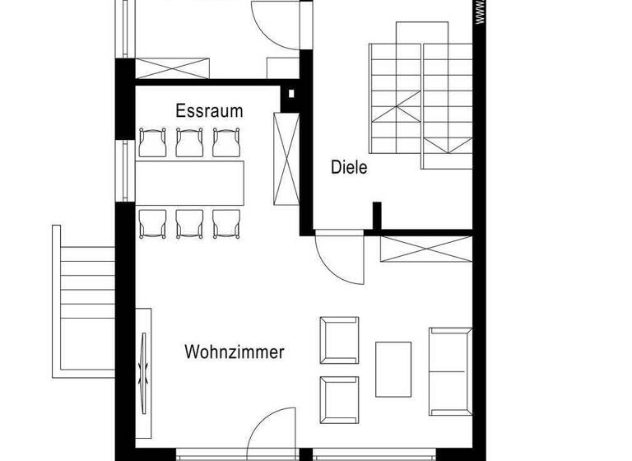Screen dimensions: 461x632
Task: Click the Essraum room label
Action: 209,111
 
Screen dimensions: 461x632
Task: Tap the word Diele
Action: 349,168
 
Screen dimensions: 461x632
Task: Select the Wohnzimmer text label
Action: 235,352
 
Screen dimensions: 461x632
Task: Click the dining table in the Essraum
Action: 191,183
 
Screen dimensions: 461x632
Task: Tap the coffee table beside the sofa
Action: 393,368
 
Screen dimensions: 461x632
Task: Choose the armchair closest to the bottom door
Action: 339,398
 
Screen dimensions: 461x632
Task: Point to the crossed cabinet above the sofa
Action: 426,249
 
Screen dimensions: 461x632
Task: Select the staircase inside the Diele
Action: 421,95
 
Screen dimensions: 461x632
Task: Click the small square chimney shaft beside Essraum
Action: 290,95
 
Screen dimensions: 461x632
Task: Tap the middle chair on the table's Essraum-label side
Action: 190,142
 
